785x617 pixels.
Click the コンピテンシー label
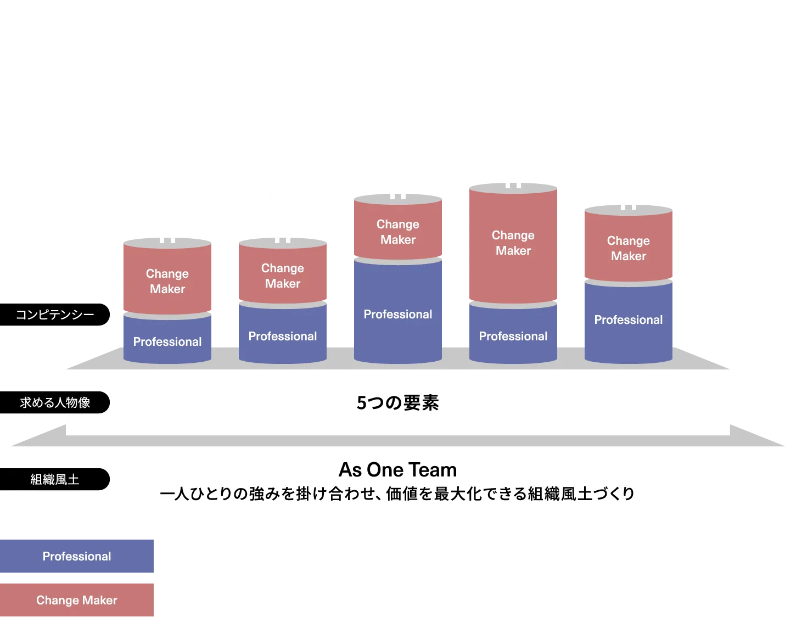point(55,315)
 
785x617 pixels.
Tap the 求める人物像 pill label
point(55,402)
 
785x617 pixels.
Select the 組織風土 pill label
point(55,479)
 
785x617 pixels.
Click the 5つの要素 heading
point(397,403)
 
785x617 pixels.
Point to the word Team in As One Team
point(431,470)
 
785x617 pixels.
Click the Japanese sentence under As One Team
point(397,494)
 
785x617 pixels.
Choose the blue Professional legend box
point(77,556)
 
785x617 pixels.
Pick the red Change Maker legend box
point(77,600)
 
